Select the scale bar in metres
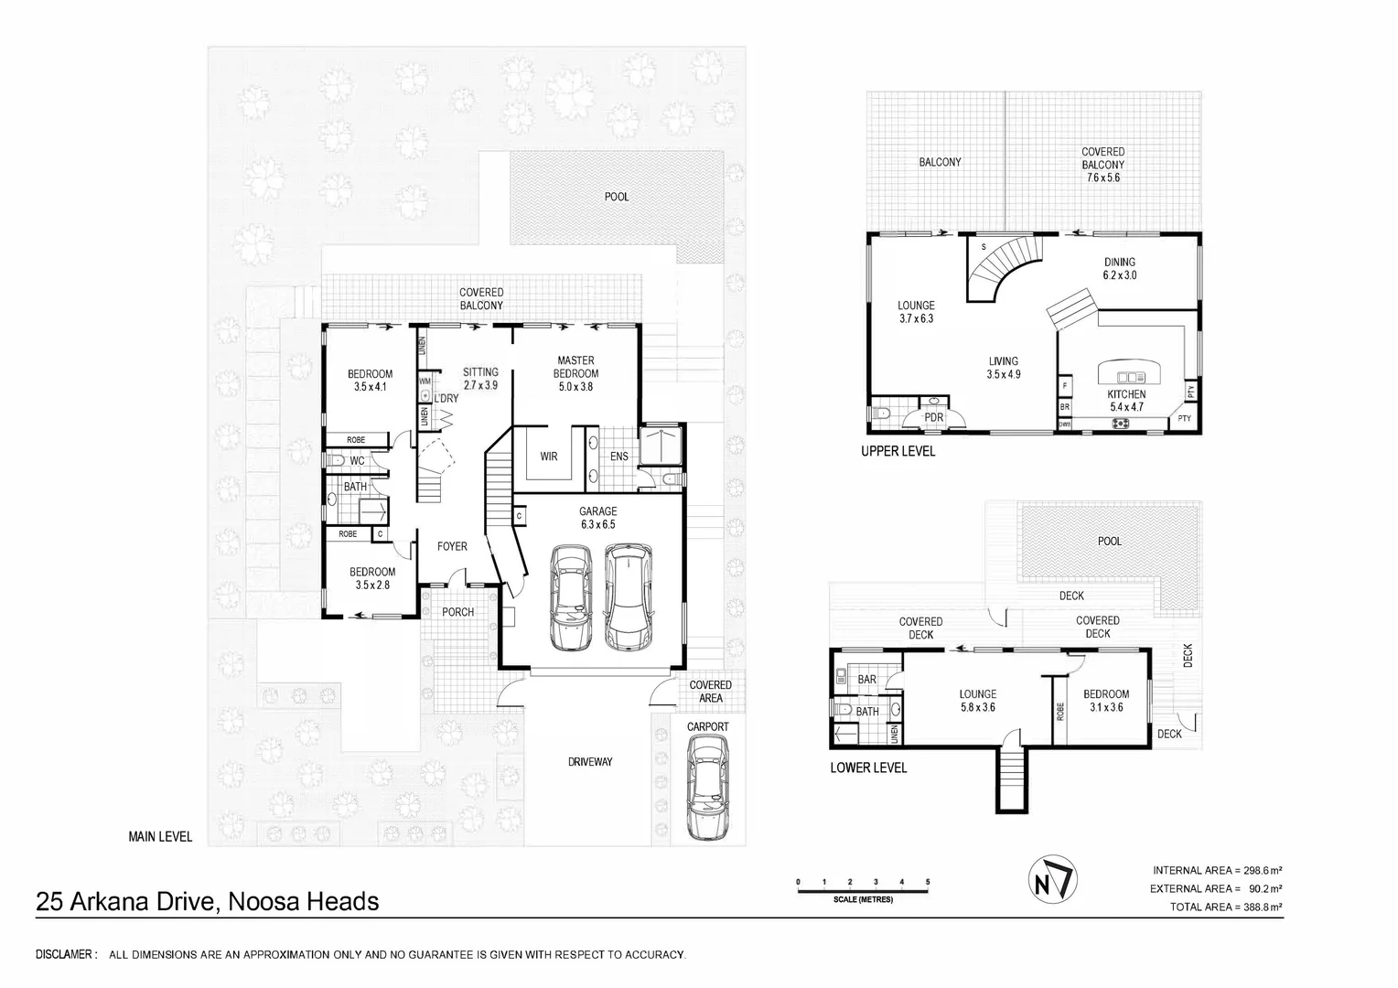click(863, 888)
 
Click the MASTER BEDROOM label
click(575, 367)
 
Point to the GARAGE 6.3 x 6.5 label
click(597, 518)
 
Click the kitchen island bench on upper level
click(1131, 375)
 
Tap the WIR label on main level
click(549, 456)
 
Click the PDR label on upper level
click(933, 417)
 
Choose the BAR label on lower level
click(867, 680)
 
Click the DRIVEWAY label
click(590, 761)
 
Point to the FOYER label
click(452, 546)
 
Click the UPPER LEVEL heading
click(898, 451)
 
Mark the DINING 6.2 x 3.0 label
click(1119, 268)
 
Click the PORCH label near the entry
click(457, 611)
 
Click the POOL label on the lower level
click(1109, 541)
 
